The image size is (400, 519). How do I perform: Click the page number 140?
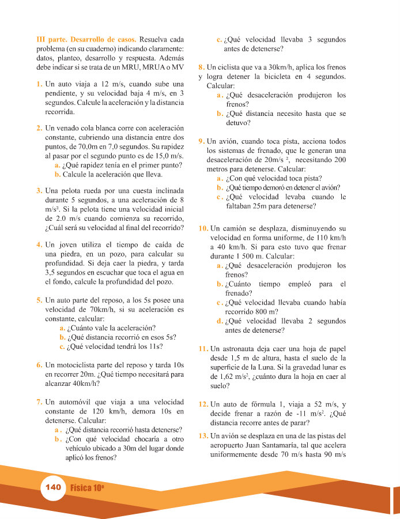tap(52, 487)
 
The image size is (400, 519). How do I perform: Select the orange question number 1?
tap(39, 84)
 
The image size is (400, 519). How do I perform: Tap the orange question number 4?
tap(39, 245)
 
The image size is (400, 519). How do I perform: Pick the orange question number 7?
tap(39, 401)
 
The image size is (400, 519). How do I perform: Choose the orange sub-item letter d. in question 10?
tap(220, 321)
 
